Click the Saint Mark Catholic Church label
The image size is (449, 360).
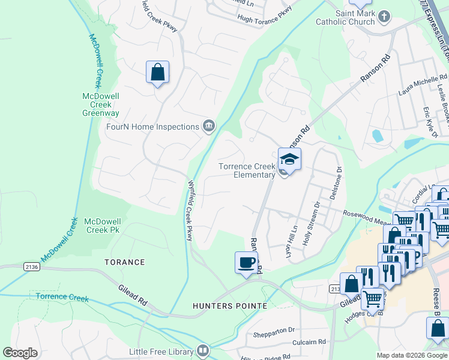tap(347, 18)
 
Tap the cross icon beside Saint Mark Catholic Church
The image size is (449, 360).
tap(385, 16)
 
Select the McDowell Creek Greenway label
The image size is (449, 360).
tap(101, 104)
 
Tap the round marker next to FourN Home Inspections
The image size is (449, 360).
tap(209, 125)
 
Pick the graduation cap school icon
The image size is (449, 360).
tap(289, 160)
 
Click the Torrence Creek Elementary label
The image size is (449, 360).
tap(246, 170)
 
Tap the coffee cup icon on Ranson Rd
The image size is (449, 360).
tap(246, 263)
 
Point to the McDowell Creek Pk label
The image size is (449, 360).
tap(105, 226)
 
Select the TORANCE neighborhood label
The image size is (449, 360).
tap(125, 262)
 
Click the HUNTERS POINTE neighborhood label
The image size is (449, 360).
tap(230, 306)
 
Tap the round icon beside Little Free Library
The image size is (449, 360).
tap(203, 350)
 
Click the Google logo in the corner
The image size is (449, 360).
tap(20, 353)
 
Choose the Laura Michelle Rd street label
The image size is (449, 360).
tap(423, 85)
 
